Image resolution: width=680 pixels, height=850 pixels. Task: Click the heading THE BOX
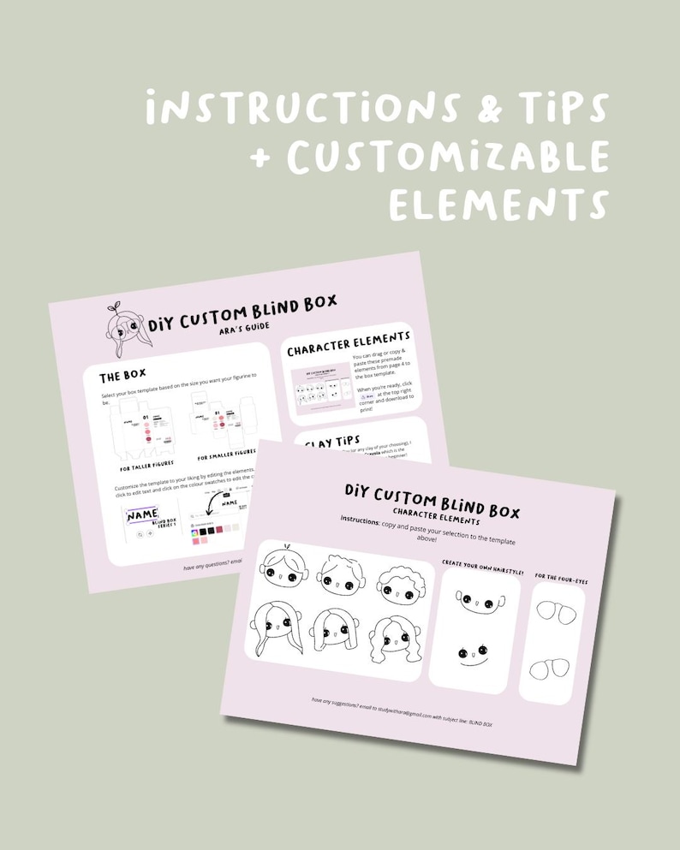122,377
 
